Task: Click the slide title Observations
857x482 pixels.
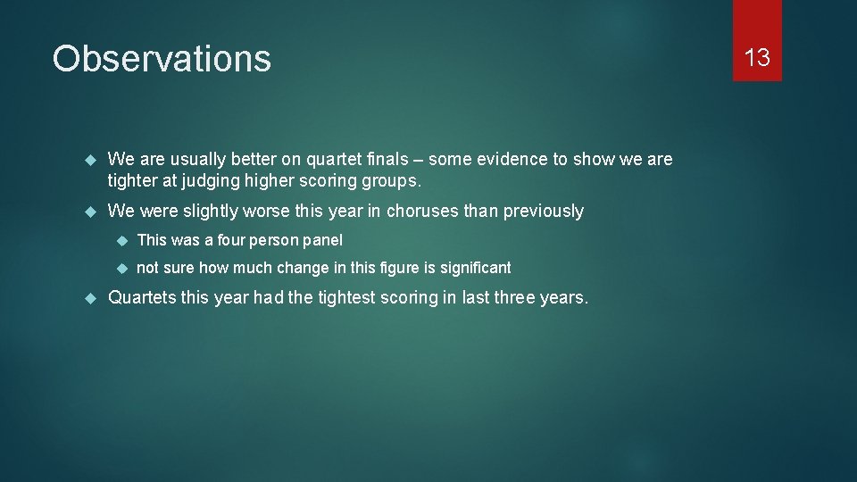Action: (162, 59)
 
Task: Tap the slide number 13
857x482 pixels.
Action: (757, 58)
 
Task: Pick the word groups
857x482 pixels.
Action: (389, 180)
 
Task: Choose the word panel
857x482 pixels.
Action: (322, 240)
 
